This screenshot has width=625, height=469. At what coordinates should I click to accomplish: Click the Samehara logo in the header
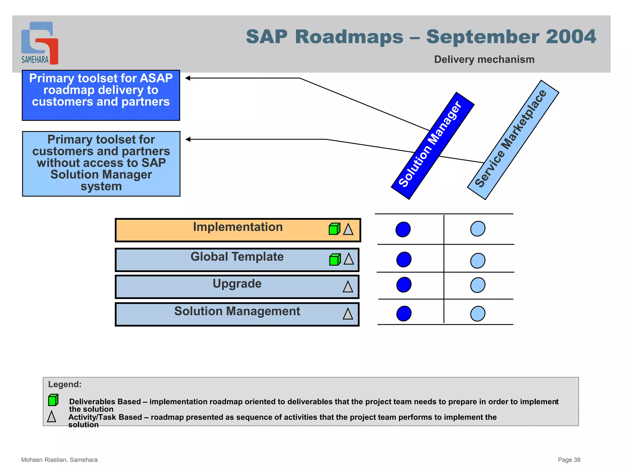(x=39, y=43)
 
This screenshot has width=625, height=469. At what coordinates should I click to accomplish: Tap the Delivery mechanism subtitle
(x=484, y=59)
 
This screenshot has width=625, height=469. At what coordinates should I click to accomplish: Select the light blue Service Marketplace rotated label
(x=513, y=140)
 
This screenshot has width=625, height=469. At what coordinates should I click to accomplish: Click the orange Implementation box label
(x=238, y=227)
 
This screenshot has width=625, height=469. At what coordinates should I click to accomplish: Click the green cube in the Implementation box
(x=334, y=229)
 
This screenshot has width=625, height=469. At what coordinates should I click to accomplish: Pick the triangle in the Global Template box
(x=349, y=259)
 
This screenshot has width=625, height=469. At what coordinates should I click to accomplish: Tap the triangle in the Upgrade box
(x=348, y=287)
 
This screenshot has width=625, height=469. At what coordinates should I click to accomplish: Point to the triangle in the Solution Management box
(x=348, y=314)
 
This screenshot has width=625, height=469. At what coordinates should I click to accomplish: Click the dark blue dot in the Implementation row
(x=403, y=229)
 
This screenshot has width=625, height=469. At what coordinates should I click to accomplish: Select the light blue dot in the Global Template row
(x=478, y=260)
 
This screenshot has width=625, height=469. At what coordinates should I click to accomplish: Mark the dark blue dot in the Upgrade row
(x=403, y=285)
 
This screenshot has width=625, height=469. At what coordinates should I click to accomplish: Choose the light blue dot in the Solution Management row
(x=478, y=314)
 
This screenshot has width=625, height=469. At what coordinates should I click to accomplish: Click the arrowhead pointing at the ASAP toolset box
(x=188, y=78)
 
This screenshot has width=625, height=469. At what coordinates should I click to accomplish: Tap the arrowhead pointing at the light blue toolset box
(x=188, y=139)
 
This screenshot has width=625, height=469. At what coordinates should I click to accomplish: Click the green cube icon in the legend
(x=53, y=400)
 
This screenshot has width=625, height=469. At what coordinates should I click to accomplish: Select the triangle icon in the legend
(x=52, y=416)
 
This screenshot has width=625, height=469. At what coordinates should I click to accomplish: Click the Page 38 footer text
(x=569, y=460)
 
